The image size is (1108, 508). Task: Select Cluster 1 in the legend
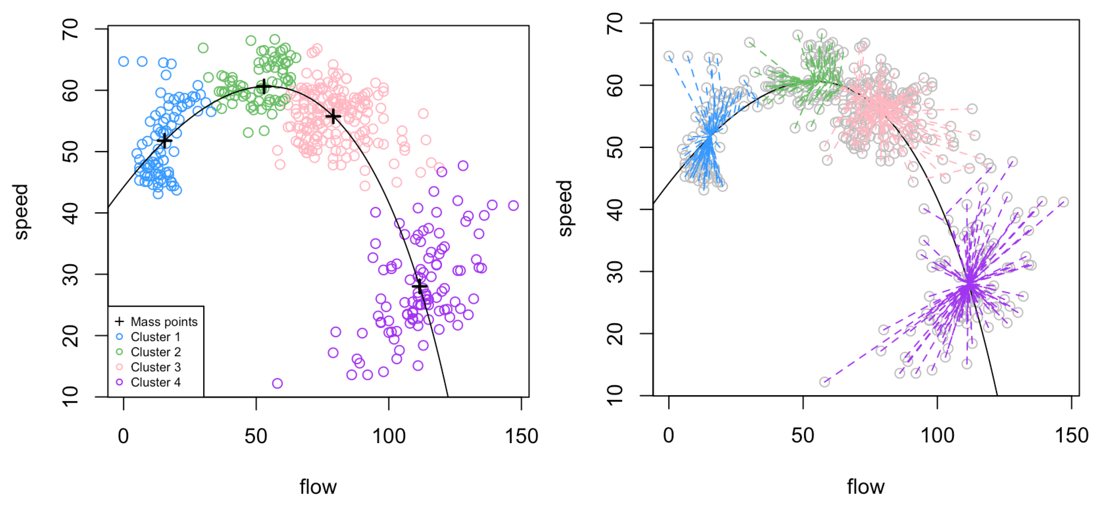pos(155,337)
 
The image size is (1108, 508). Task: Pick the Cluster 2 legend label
pos(155,352)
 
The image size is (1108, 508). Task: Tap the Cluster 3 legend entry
pos(155,367)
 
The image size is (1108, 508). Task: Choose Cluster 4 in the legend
pos(155,382)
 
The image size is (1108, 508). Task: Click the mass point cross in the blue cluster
pos(164,140)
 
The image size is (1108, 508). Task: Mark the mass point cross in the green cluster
pos(264,87)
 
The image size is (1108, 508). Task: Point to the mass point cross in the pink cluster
pos(333,116)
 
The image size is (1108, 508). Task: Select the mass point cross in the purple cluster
pos(419,286)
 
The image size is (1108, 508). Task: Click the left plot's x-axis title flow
pos(318,487)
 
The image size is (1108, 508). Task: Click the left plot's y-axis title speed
pos(21,211)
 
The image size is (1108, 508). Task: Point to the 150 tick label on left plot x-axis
pos(521,436)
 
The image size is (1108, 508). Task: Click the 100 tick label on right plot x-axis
pos(937,435)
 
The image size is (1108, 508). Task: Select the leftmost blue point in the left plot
pos(124,62)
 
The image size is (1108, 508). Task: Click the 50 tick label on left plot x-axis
pos(256,436)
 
